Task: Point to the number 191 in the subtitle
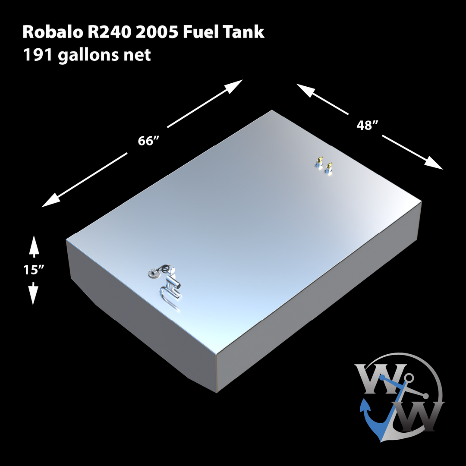37,55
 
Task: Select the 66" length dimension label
147,141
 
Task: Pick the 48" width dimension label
368,125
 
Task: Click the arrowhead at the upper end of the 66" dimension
235,85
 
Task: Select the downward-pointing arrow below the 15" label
34,295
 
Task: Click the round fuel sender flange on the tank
153,274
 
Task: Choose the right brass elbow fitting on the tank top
330,167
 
